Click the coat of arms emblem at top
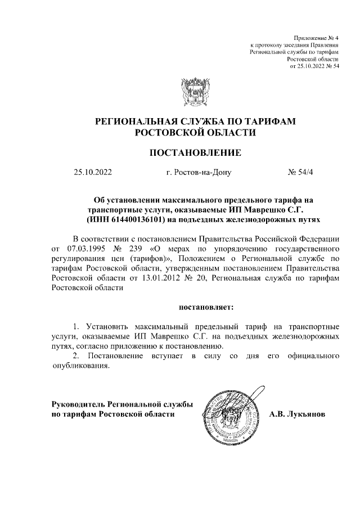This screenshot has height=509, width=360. (x=195, y=91)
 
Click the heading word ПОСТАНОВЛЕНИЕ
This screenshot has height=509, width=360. (x=195, y=152)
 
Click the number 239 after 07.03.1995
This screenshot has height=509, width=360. (x=142, y=247)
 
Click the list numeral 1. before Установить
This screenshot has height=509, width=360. (x=78, y=326)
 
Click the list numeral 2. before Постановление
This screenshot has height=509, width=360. (x=78, y=356)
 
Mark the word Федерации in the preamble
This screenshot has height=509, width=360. (x=316, y=238)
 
